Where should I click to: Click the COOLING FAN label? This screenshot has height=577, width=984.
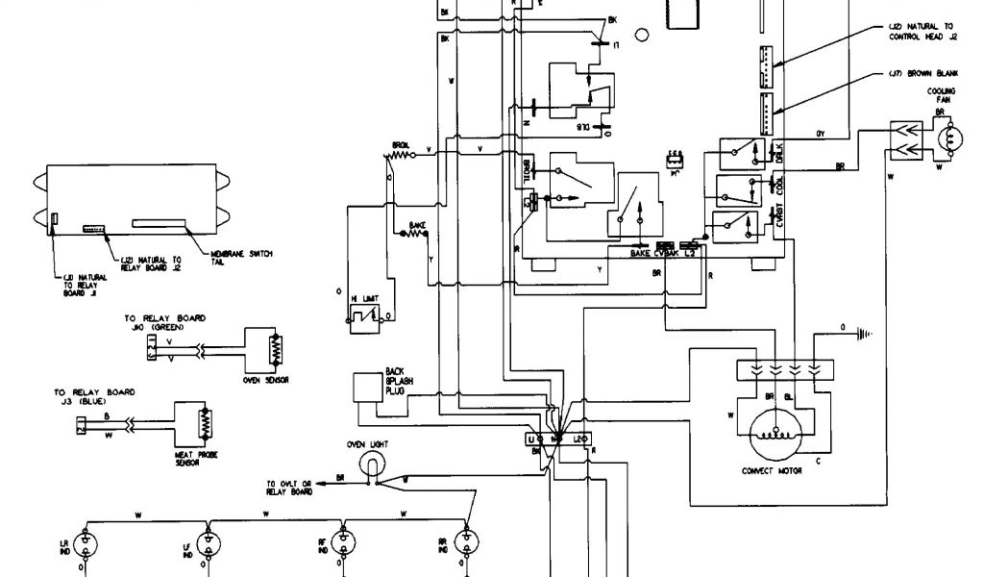tap(941, 95)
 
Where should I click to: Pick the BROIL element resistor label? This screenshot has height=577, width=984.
tap(400, 145)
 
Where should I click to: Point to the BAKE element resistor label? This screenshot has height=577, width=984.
tap(416, 224)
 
